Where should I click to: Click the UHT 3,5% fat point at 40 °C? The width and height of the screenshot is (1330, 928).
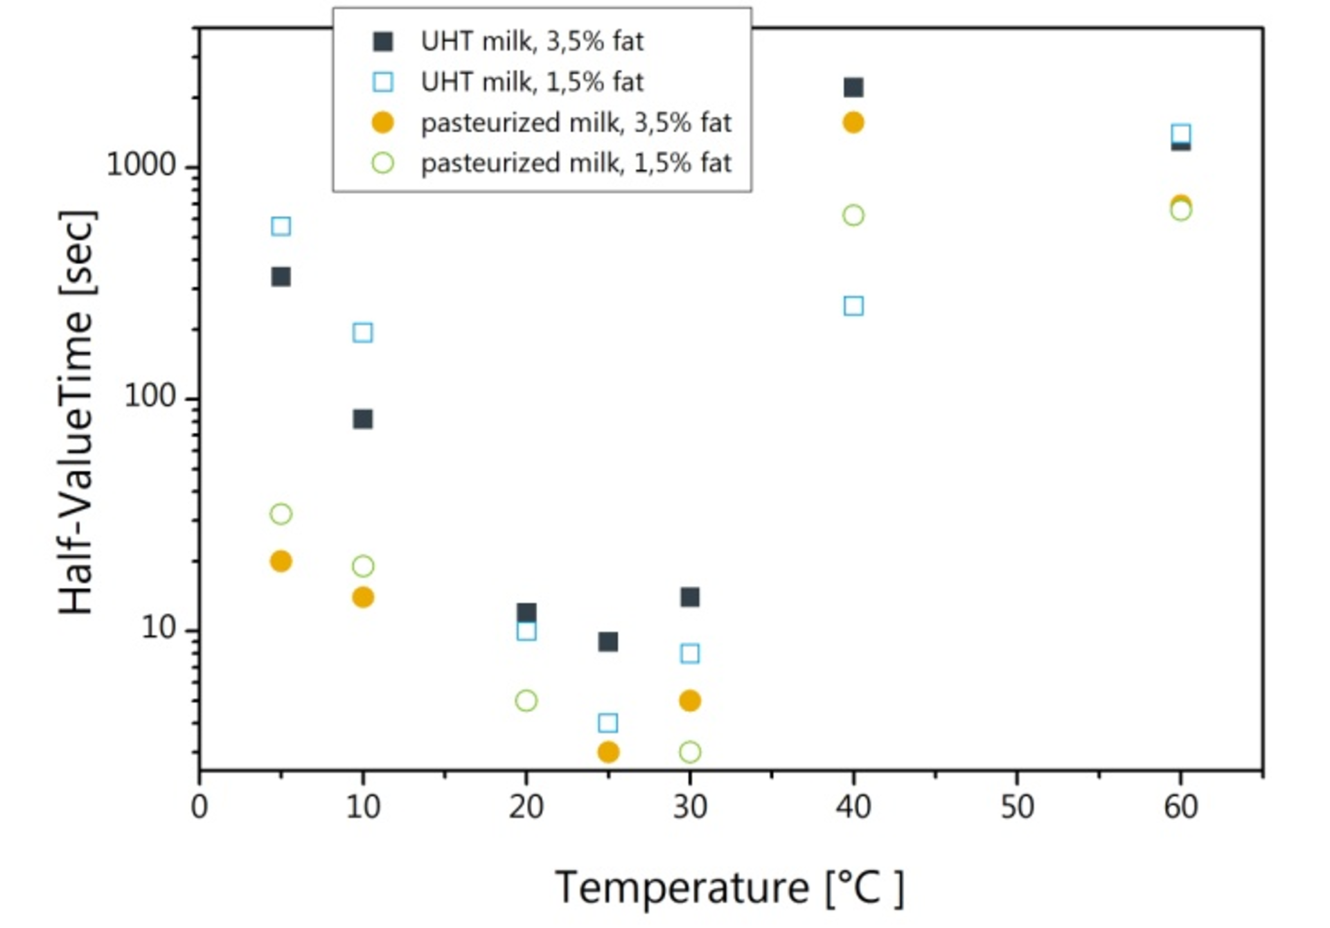[853, 87]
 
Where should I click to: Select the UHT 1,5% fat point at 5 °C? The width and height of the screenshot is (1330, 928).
[281, 226]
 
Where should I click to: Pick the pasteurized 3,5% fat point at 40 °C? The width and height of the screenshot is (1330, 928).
[853, 123]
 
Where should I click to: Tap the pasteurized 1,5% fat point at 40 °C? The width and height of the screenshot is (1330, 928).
[853, 215]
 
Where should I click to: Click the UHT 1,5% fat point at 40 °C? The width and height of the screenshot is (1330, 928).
[853, 306]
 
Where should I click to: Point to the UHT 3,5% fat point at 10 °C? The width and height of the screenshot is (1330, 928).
[362, 419]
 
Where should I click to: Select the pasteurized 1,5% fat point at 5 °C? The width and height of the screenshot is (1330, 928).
[281, 514]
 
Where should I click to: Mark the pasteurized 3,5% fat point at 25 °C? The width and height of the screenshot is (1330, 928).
[608, 752]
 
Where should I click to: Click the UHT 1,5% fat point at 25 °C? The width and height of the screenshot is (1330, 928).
[608, 724]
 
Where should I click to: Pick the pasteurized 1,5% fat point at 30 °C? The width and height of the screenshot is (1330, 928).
[689, 752]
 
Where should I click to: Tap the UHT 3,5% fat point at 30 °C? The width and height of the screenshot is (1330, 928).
[689, 597]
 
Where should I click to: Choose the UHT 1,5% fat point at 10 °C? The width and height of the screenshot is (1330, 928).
[362, 332]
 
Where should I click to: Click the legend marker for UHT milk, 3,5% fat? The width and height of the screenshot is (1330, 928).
[383, 42]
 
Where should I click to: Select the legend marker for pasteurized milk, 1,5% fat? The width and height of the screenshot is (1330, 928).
[383, 163]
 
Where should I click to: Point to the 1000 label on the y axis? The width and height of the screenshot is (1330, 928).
[141, 165]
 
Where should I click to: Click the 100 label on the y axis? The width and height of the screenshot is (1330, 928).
[150, 396]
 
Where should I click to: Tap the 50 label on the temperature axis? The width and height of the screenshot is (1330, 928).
[1017, 807]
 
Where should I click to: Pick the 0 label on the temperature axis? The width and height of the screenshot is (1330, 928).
[199, 807]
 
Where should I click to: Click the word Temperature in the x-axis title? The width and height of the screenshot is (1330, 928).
[682, 887]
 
